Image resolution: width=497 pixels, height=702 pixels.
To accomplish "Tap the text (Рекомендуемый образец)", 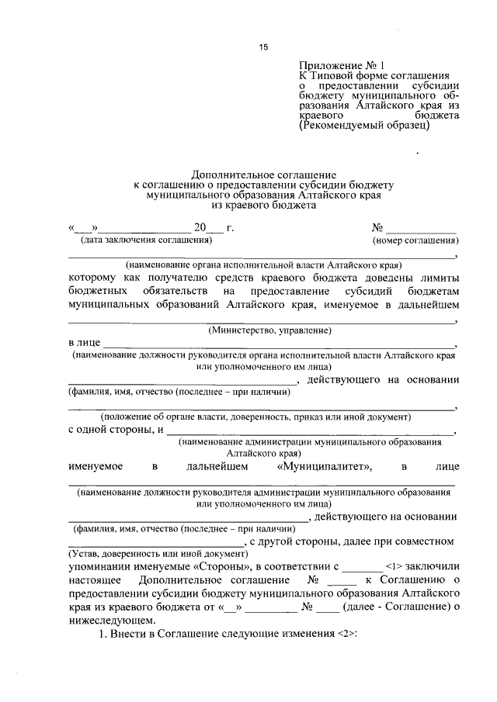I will click(x=363, y=124).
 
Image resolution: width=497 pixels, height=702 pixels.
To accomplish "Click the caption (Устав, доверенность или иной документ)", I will click(x=158, y=554).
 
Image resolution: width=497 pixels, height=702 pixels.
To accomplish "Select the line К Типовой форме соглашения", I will click(x=370, y=78).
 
